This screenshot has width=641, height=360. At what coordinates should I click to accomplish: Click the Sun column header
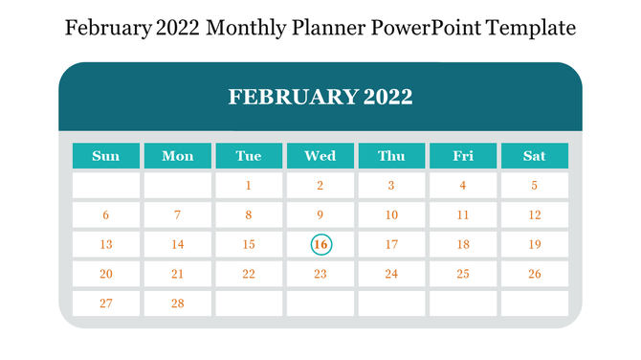click(106, 156)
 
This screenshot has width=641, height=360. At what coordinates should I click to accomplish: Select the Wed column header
click(320, 156)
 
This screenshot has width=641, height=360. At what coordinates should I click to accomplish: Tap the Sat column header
click(535, 156)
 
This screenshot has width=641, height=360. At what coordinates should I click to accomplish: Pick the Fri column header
click(463, 156)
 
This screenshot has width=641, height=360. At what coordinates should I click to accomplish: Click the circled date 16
click(320, 245)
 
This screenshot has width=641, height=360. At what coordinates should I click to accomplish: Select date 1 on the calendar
click(249, 186)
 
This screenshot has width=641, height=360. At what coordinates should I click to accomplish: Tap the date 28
click(177, 304)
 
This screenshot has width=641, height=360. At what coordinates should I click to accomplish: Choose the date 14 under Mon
click(177, 245)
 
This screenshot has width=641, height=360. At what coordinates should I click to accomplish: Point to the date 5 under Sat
click(535, 186)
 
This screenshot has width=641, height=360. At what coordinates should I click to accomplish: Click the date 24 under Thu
click(391, 274)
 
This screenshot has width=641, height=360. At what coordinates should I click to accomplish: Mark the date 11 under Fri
click(463, 215)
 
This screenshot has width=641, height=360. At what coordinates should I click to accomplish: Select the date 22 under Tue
click(249, 274)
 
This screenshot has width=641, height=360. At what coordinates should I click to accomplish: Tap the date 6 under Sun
click(106, 215)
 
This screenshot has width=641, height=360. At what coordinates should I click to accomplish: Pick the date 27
click(106, 304)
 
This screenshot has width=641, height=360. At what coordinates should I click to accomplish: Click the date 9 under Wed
click(320, 215)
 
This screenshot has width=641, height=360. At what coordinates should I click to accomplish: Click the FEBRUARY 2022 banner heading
click(320, 97)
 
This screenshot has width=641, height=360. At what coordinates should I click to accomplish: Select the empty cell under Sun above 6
click(106, 186)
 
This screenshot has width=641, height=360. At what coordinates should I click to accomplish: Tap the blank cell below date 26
click(535, 304)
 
